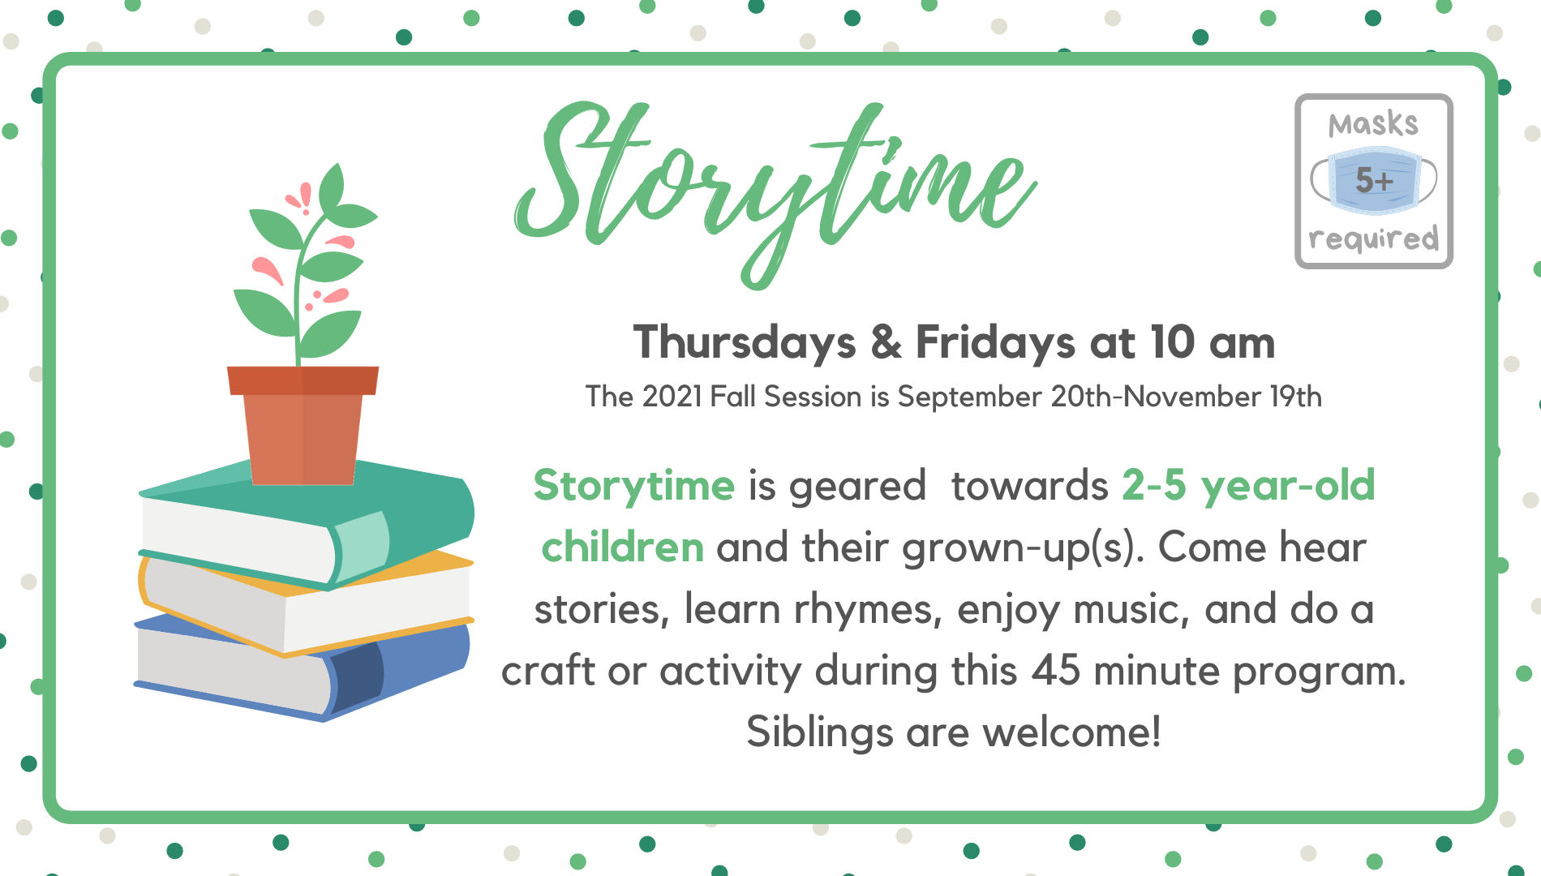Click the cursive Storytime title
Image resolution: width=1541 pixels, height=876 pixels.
pyautogui.click(x=775, y=191)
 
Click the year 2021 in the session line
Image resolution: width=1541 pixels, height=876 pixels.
pyautogui.click(x=671, y=397)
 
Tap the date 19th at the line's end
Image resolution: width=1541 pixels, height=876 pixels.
pyautogui.click(x=1296, y=397)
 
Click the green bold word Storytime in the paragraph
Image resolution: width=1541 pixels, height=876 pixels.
pyautogui.click(x=633, y=487)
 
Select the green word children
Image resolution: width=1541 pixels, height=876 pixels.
pyautogui.click(x=622, y=547)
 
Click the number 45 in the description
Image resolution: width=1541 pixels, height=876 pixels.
pyautogui.click(x=1056, y=671)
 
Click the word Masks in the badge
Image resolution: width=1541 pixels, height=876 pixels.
pyautogui.click(x=1373, y=124)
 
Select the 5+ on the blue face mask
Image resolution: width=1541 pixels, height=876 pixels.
pyautogui.click(x=1374, y=180)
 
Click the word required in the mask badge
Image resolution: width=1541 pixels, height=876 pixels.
pyautogui.click(x=1373, y=239)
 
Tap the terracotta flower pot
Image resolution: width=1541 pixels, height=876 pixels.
pyautogui.click(x=303, y=425)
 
